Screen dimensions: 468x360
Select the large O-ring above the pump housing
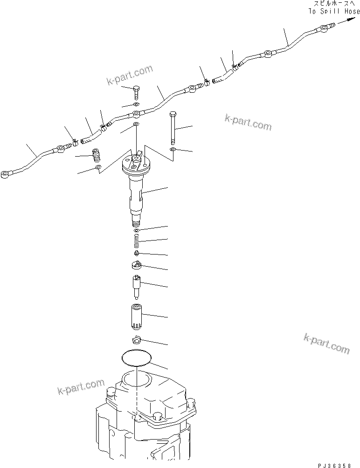click(x=137, y=358)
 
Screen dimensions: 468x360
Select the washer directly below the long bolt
click(x=173, y=149)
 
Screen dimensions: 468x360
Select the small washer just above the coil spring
click(x=136, y=230)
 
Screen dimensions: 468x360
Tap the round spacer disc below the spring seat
click(x=136, y=266)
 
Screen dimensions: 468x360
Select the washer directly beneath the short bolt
click(x=136, y=104)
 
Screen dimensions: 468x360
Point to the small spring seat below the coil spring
click(x=136, y=253)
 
